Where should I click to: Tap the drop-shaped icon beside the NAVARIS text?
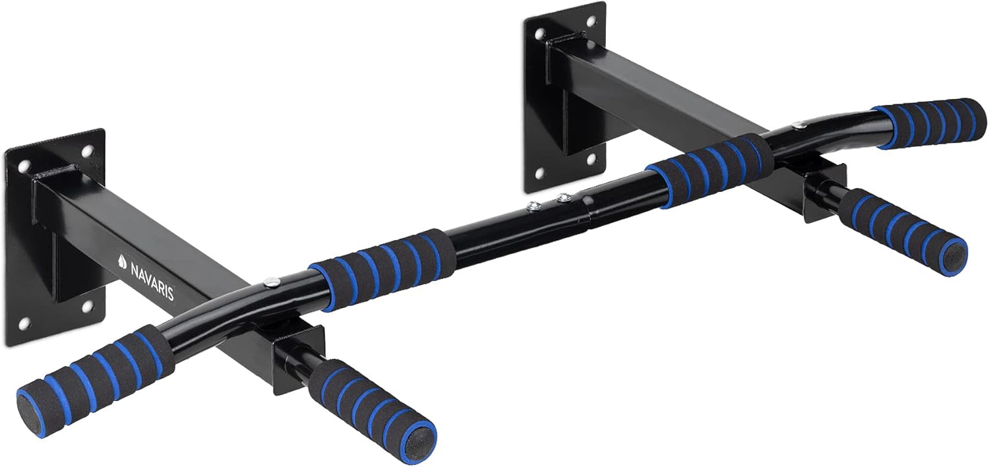(x=123, y=259)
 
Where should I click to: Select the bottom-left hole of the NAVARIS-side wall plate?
(x=24, y=322)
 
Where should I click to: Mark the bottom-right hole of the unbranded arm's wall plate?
(x=591, y=159)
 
